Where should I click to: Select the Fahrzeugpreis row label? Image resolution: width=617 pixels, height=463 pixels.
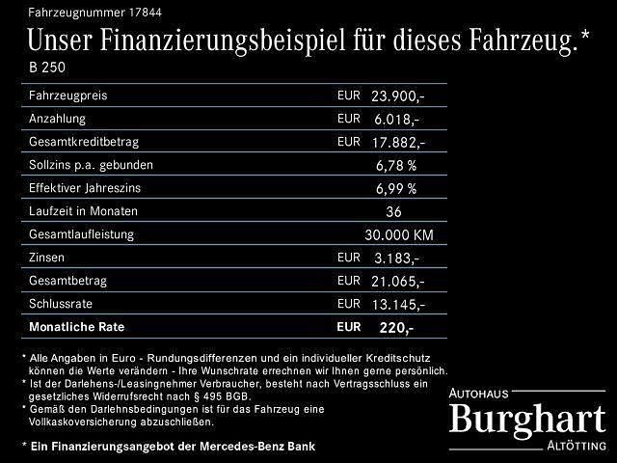pos(68,95)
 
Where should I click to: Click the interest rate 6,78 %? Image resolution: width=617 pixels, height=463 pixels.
pos(396,165)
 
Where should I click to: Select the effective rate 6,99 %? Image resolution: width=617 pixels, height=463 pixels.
pos(396,188)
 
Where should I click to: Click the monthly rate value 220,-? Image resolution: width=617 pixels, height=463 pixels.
pos(397,328)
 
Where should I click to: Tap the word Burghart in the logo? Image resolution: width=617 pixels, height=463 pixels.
pos(528,419)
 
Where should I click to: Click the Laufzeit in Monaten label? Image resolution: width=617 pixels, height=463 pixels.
pos(84,210)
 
